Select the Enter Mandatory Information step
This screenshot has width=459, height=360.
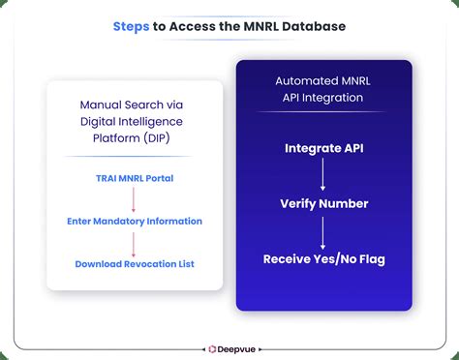click(135, 222)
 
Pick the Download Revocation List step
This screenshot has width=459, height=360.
click(135, 263)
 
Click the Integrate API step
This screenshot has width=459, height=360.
click(323, 148)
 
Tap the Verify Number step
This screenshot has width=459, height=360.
click(323, 203)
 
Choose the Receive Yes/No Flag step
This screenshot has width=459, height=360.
click(323, 258)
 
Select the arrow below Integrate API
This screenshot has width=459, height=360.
click(323, 175)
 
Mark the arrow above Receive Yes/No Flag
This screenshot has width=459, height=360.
click(323, 231)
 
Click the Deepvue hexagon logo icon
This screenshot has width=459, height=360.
click(211, 345)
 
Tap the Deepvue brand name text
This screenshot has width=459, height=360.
click(236, 345)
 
